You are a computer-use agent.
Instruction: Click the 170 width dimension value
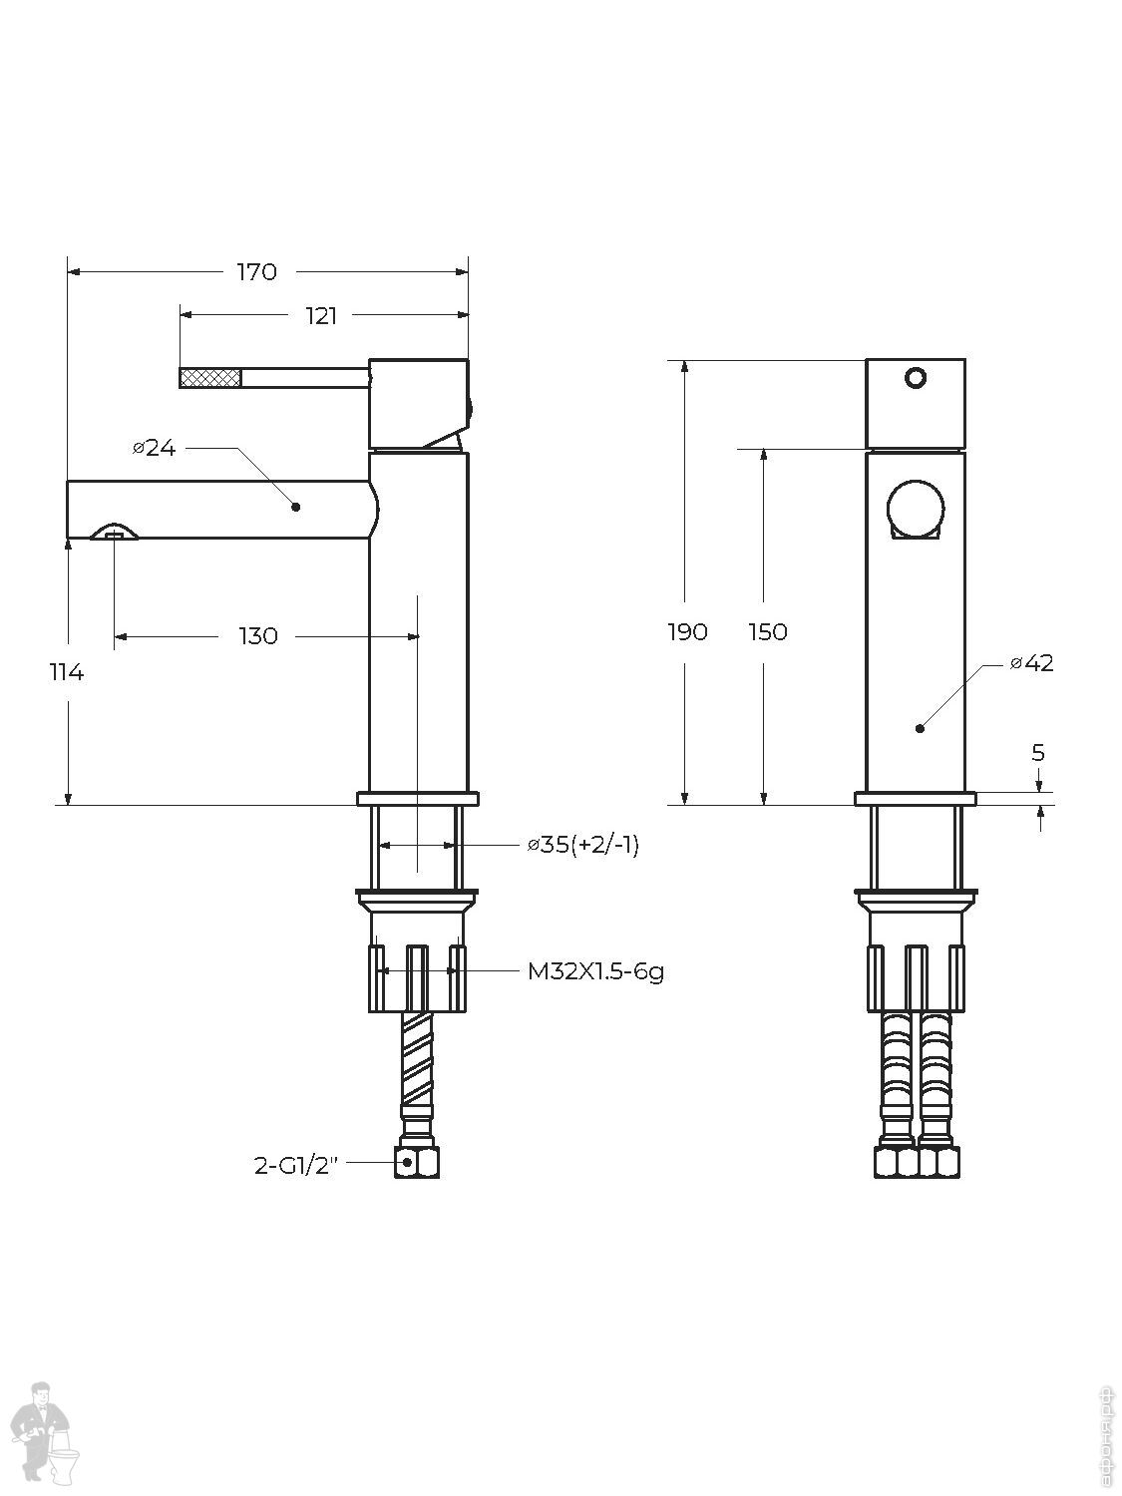(256, 271)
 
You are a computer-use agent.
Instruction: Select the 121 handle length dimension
(321, 316)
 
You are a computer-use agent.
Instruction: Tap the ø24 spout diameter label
(155, 449)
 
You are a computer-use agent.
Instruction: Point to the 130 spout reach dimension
(258, 636)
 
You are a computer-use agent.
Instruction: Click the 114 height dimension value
(67, 673)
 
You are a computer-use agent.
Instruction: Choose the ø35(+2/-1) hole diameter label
(583, 846)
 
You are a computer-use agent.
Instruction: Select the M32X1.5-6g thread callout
(595, 970)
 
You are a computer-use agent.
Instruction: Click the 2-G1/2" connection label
(297, 1165)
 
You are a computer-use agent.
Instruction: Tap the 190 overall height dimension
(687, 632)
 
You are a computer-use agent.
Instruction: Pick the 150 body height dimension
(767, 632)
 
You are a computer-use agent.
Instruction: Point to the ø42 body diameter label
(1031, 663)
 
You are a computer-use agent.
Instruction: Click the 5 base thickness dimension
(1038, 753)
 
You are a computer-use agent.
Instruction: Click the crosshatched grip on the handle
(210, 377)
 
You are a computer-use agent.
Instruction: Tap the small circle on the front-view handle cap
(915, 378)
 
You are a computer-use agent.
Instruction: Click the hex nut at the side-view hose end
(419, 1162)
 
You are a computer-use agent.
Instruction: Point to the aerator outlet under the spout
(112, 536)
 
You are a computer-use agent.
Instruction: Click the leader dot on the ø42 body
(920, 728)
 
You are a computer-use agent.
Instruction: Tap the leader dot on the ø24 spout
(296, 507)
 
